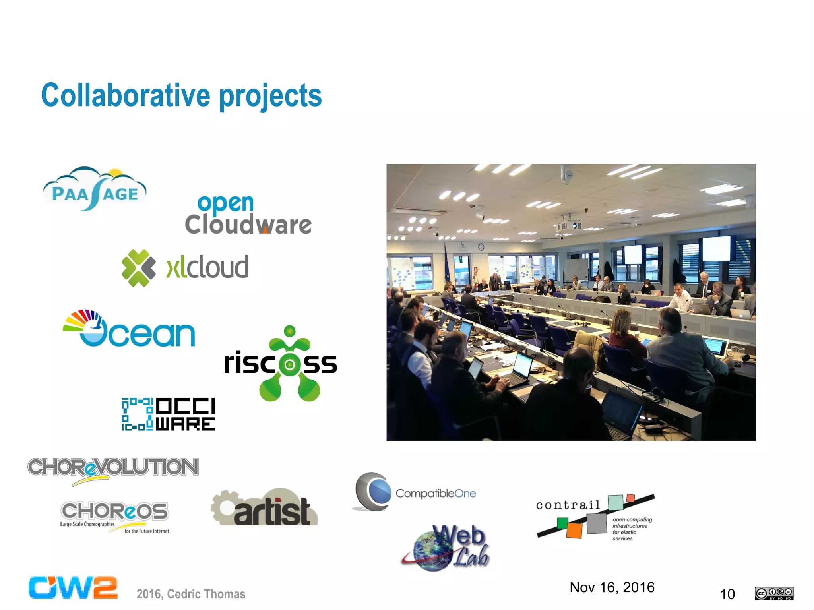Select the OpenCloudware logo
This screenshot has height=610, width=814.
click(248, 215)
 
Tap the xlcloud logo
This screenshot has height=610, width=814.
click(185, 267)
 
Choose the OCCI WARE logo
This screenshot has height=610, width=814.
click(168, 414)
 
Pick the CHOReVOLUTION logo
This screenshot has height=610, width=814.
click(113, 468)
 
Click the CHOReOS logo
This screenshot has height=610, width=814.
click(114, 516)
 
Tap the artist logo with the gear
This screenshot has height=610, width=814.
click(264, 508)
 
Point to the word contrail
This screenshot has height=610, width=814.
click(568, 505)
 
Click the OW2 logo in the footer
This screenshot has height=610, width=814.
click(73, 588)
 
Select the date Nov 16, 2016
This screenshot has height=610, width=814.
click(612, 587)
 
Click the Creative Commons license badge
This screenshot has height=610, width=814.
click(774, 593)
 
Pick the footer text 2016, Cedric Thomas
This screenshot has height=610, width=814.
click(191, 594)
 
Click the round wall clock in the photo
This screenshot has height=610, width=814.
click(481, 247)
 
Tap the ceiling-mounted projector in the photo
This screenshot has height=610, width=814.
click(569, 225)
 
